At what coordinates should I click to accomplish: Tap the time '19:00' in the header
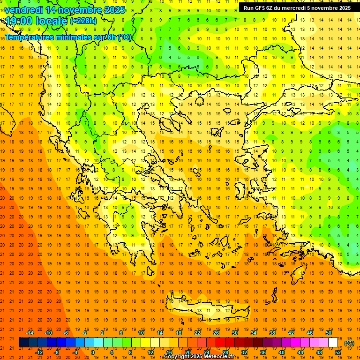coord(19,21)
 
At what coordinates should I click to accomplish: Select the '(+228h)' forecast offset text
coord(83,21)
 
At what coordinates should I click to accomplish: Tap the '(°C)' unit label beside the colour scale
coord(349,343)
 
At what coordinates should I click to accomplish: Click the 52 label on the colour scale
coord(338,352)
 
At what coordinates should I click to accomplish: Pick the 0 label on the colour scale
coord(93,352)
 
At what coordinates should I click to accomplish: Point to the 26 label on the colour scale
coord(216,333)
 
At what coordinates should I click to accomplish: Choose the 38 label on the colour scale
coord(272,333)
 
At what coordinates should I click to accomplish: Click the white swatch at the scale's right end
coord(333,343)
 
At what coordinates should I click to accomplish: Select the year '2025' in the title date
coord(115,10)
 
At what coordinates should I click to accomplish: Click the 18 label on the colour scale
coord(179,333)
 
